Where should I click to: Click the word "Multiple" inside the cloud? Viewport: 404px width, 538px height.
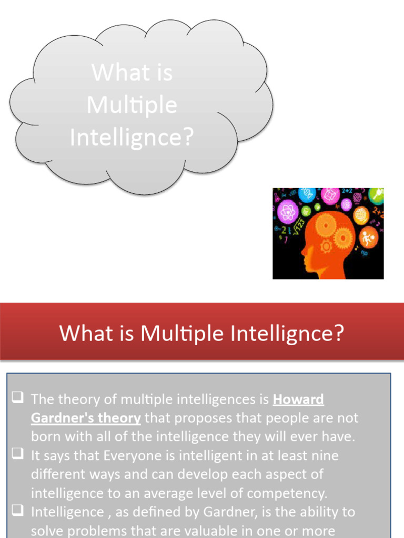tap(132, 105)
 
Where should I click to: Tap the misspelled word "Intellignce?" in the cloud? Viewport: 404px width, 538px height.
tap(132, 138)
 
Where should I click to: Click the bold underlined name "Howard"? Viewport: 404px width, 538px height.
tap(298, 400)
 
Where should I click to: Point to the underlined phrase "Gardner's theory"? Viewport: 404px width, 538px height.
tap(86, 418)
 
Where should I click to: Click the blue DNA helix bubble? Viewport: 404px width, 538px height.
tap(307, 195)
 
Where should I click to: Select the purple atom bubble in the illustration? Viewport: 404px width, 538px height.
tap(287, 212)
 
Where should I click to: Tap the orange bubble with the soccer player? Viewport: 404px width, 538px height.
tap(369, 237)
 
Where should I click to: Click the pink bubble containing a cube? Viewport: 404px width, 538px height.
tap(330, 195)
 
